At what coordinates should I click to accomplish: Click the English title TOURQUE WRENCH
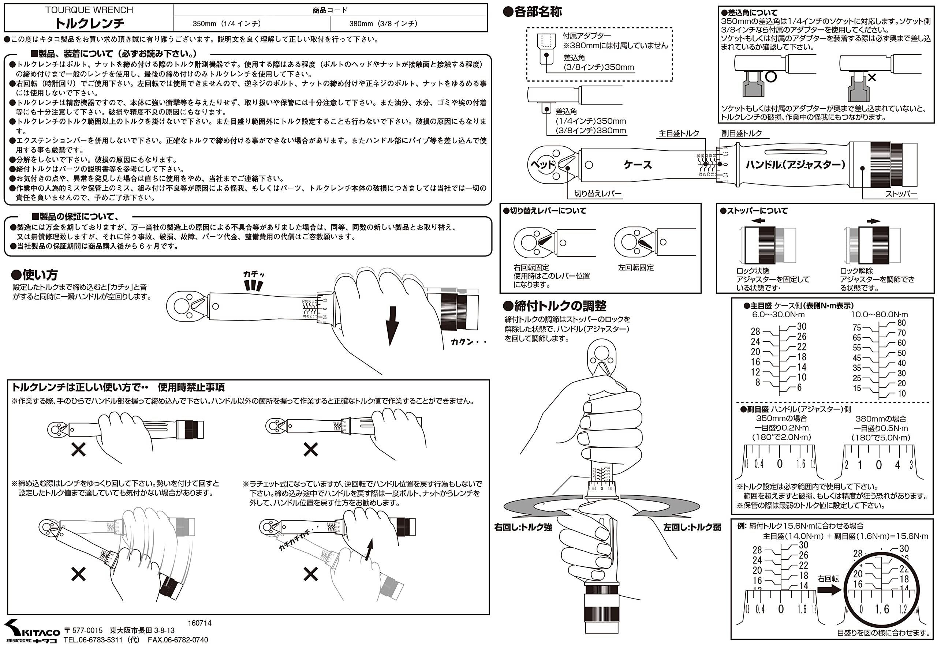pos(89,10)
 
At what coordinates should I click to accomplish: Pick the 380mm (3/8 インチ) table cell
pos(383,23)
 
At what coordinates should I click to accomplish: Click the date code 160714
pos(199,623)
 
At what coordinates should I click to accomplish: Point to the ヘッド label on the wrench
pos(543,165)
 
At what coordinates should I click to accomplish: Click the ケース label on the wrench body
pos(638,165)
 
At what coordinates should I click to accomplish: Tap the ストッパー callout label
pos(901,194)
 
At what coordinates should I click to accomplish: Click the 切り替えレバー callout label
pos(598,194)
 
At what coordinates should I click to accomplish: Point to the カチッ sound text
pos(254,274)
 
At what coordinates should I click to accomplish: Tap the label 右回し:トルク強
pos(523,527)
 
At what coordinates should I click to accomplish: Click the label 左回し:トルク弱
pos(692,527)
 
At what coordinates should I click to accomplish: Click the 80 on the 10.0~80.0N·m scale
pos(901,323)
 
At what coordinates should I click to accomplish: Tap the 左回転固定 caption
pos(636,267)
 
